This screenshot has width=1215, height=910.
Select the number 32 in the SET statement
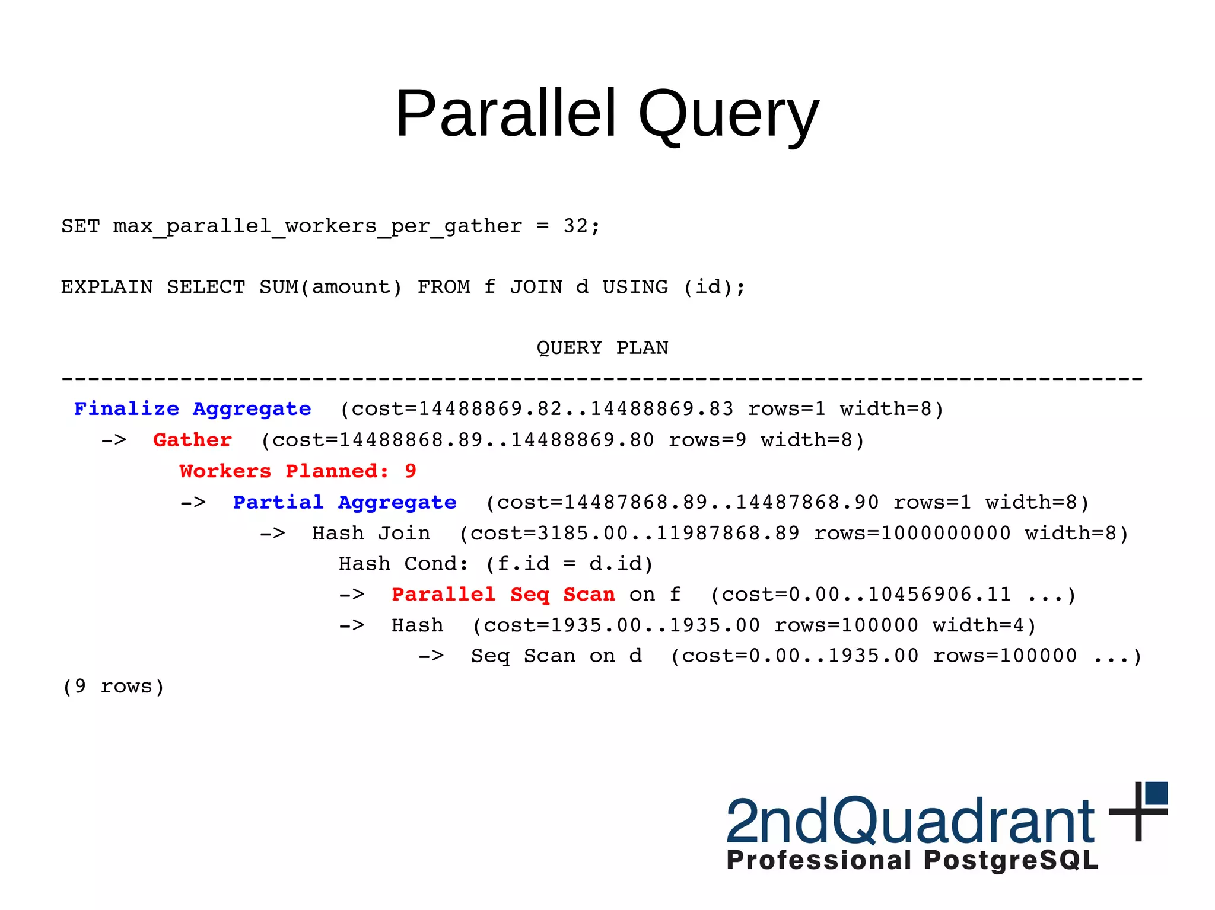[x=575, y=226]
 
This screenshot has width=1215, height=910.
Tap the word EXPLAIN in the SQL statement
[x=107, y=287]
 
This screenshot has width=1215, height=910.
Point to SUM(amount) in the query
[x=330, y=287]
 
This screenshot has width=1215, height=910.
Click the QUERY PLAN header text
[x=602, y=347]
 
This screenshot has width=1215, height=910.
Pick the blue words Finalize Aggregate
[x=192, y=409]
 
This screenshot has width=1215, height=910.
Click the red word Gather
[x=192, y=440]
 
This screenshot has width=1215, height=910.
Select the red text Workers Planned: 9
[x=298, y=471]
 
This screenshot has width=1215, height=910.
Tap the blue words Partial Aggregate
[x=344, y=503]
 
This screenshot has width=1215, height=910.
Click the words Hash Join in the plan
[x=371, y=534]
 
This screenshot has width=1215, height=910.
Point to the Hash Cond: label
[x=403, y=564]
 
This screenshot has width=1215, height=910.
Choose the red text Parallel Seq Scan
[x=503, y=595]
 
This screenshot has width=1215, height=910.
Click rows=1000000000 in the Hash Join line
[x=912, y=534]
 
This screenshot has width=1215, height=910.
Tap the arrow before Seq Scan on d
[x=431, y=656]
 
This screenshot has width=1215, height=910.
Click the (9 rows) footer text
[x=113, y=687]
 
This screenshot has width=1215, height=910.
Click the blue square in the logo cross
[x=1156, y=793]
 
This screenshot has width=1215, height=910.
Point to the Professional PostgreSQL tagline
[x=912, y=860]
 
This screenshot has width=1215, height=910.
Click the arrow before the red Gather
[x=113, y=440]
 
